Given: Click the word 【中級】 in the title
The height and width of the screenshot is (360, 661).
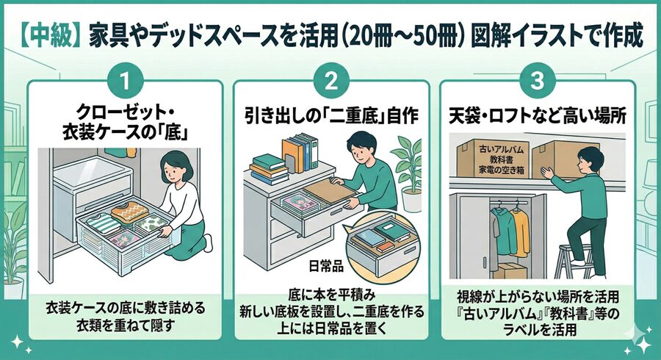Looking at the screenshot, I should [48, 35].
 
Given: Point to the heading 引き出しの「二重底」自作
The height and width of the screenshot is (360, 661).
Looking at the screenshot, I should [330, 115].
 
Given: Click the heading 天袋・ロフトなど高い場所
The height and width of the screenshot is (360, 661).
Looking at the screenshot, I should [535, 115].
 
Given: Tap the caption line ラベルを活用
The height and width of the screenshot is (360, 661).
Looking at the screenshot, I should [535, 330].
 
